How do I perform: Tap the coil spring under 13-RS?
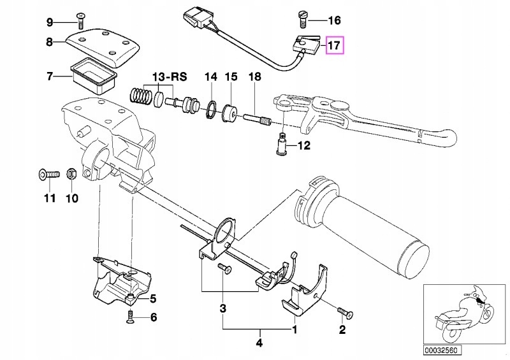point(142,97)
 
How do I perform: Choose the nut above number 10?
point(72,173)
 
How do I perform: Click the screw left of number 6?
point(131,317)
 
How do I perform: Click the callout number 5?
point(152,298)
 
